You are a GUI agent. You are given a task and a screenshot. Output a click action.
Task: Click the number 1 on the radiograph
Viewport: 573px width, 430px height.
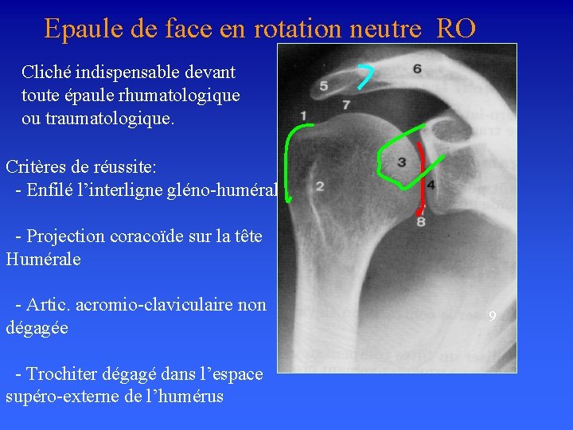point(304,117)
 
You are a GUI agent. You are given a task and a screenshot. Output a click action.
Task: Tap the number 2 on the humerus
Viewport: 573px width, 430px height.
point(319,186)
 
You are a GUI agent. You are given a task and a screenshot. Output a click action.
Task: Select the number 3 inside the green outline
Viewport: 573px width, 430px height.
point(402,162)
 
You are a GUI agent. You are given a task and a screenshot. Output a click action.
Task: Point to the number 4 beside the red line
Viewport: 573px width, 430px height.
point(431,185)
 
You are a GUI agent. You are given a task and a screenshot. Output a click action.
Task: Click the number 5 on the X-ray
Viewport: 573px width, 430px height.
point(324,85)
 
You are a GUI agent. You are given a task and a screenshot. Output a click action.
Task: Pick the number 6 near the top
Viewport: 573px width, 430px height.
point(418,69)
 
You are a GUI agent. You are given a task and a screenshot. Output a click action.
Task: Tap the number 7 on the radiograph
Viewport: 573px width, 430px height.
point(346,104)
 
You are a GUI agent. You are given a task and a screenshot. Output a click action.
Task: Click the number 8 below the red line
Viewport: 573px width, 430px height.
point(421,221)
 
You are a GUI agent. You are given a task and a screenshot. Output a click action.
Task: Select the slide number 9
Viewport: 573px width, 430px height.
point(493,317)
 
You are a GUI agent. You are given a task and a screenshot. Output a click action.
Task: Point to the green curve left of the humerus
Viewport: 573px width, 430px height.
point(290,159)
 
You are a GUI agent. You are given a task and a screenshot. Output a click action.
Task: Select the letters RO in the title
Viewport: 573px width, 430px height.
point(456,29)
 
